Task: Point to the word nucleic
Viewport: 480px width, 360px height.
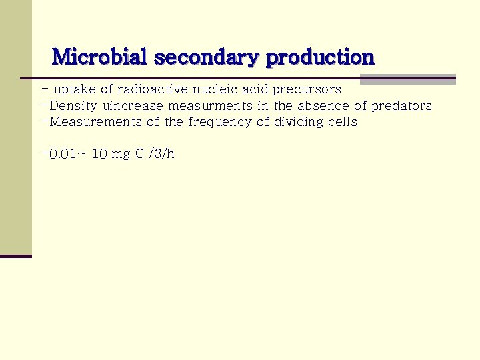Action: coord(215,89)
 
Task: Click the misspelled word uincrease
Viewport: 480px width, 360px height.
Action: coord(133,106)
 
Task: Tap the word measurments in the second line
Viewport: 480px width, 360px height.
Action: coord(210,106)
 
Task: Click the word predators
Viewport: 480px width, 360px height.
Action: coord(401,106)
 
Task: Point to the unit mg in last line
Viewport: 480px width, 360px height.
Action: coord(121,155)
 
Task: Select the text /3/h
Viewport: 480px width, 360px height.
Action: coord(163,155)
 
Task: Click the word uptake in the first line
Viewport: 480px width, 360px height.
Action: coord(75,89)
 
